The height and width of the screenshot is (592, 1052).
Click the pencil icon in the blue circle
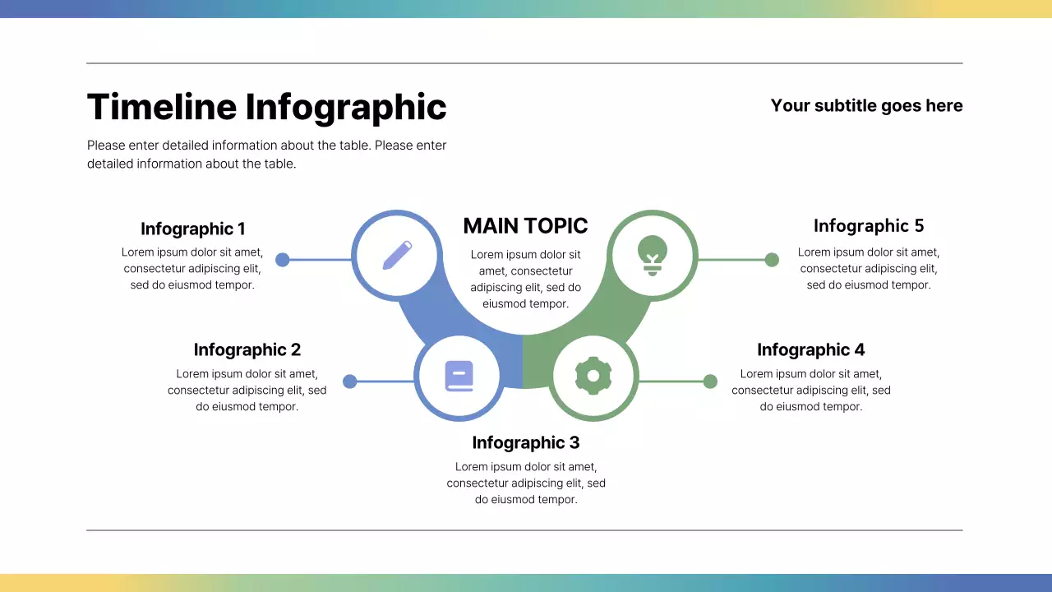point(397,255)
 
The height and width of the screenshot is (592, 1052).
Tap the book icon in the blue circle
point(459,377)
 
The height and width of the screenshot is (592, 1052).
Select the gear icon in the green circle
point(593,377)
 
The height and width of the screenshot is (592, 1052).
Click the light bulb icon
point(653,254)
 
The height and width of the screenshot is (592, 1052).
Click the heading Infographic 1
point(193,229)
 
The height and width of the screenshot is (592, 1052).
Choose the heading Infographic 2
point(247,349)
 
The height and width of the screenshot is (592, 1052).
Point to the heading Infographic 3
point(526,442)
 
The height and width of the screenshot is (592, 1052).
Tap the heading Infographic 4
point(810,349)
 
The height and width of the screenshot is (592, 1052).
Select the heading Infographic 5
point(869,225)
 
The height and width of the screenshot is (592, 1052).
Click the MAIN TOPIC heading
point(526,226)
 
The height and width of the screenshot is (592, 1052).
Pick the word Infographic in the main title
point(346,108)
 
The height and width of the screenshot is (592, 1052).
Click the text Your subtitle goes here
point(866,105)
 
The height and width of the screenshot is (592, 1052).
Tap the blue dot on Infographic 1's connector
point(282,260)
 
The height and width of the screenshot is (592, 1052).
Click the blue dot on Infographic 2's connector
point(350,382)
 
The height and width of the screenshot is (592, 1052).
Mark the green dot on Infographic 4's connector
point(710,382)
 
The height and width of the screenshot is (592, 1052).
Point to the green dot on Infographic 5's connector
point(772,260)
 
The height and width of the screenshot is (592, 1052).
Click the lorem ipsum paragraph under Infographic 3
point(526,483)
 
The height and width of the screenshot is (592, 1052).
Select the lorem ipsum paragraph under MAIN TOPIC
point(526,279)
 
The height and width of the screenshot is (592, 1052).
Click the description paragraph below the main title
point(267,155)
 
